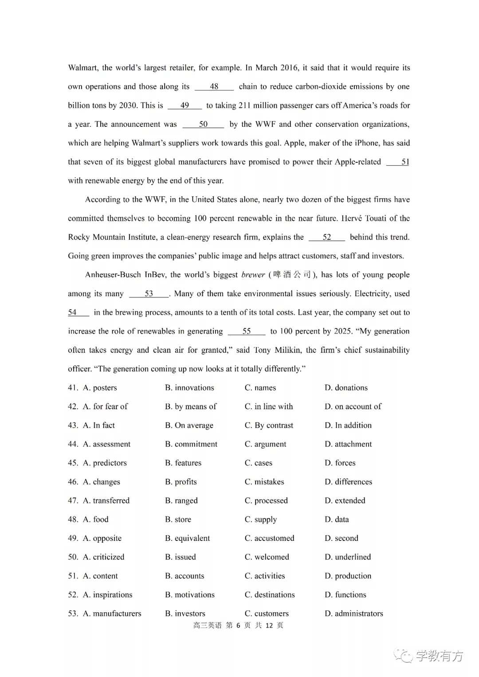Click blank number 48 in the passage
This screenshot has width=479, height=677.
pos(214,86)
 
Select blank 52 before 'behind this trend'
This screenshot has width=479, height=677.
pos(326,237)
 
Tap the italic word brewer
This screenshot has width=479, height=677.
pos(253,275)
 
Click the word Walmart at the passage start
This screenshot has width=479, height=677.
pos(82,68)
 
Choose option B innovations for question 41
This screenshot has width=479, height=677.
pos(189,388)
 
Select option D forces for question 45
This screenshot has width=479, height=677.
pos(340,463)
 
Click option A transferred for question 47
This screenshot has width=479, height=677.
pos(106,501)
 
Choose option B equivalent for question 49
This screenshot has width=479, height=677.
pos(188,538)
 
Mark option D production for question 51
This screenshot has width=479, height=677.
pos(348,576)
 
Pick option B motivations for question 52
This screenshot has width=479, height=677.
pos(190,595)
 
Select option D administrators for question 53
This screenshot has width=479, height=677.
pos(354,614)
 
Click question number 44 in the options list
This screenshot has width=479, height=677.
pos(73,444)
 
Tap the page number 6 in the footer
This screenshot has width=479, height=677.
pos(238,625)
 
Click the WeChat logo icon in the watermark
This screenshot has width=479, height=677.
pos(404,655)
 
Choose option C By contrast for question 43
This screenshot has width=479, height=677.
pos(269,426)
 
